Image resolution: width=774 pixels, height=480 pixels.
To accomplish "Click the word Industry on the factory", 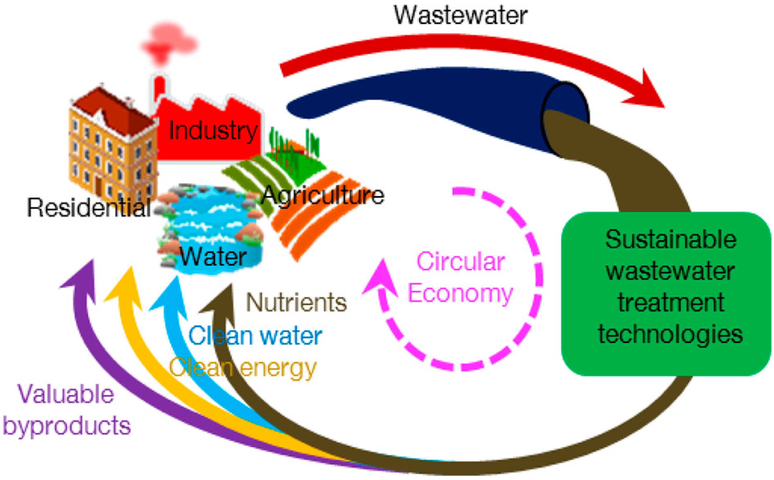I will coord(213,131).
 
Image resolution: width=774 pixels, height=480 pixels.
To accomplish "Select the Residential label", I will coord(89,208).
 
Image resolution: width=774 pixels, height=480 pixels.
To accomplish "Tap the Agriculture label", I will coord(322,195).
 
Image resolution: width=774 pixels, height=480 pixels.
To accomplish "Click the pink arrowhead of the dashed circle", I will coord(381,279).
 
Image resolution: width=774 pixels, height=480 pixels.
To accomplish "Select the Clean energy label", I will coord(243,368).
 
